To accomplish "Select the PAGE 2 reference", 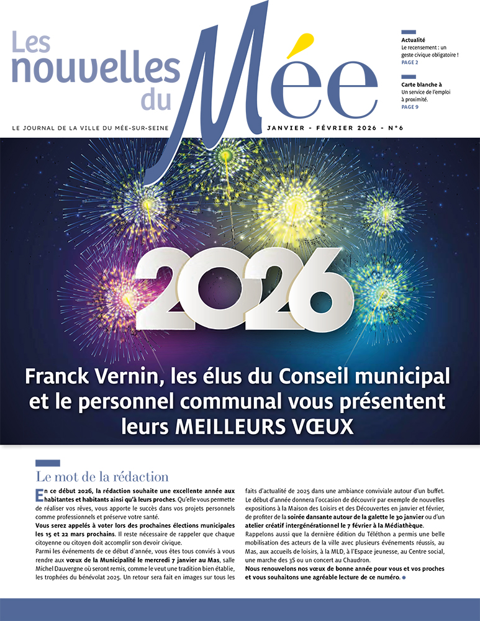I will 410,62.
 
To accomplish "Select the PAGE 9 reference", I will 410,107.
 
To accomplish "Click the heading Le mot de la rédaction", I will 102,477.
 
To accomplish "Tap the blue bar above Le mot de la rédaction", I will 48,463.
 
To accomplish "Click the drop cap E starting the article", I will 40,493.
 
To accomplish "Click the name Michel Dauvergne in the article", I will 65,569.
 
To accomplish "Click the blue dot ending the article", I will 404,578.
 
